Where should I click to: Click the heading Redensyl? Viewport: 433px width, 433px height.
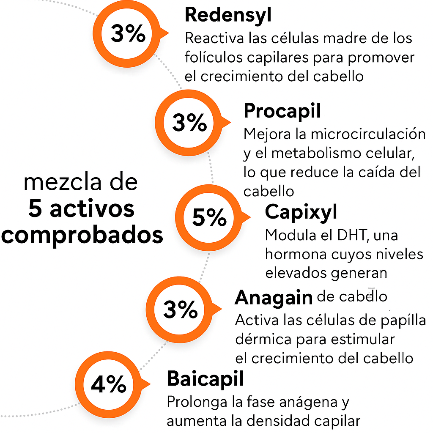click(228, 16)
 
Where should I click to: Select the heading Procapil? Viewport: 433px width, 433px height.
click(282, 111)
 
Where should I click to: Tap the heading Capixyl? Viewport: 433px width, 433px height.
click(301, 212)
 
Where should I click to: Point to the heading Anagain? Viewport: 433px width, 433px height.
click(274, 298)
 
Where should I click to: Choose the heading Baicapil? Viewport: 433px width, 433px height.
click(206, 379)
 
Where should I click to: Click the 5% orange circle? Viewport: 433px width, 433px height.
click(209, 218)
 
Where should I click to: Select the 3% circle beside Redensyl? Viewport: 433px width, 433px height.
click(128, 34)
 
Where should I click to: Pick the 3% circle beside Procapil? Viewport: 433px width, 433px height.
click(189, 123)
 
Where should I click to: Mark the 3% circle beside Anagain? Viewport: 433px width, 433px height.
click(180, 310)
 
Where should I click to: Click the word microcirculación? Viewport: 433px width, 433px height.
click(368, 134)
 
